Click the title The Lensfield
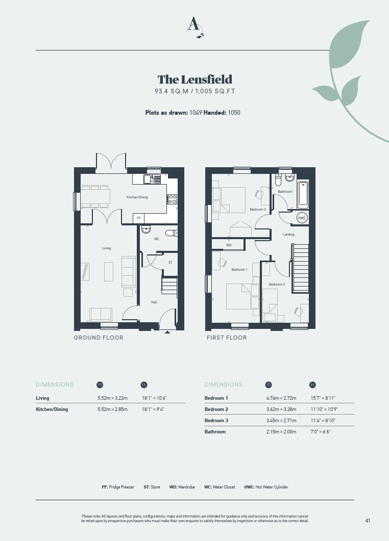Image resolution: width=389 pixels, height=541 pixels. pos(195,80)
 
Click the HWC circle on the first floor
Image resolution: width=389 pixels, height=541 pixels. pos(302,218)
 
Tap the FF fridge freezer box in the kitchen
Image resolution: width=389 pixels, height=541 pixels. pos(138,218)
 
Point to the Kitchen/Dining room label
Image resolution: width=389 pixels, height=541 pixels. pos(137,197)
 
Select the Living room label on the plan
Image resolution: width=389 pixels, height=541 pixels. pos(106,248)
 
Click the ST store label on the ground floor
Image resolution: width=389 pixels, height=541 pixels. pos(171,263)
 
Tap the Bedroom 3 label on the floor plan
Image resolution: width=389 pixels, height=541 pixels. pos(277,285)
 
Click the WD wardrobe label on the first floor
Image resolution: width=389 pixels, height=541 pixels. pos(229,245)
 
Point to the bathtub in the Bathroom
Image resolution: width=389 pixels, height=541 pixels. pos(303,194)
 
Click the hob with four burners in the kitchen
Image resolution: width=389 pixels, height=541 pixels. pos(172,199)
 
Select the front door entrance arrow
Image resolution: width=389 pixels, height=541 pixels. pos(167,332)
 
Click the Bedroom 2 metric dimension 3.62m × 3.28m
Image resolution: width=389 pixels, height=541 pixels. pos(281,409)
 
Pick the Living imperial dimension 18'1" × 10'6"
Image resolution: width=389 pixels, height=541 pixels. pos(154,398)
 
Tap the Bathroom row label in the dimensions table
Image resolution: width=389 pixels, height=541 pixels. pos(215,431)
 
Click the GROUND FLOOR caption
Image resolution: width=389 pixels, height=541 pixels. pos(99,338)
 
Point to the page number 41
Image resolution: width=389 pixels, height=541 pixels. pos(368,521)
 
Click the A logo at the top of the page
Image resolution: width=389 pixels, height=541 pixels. pos(195,27)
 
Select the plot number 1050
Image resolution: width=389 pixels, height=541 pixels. pos(234,113)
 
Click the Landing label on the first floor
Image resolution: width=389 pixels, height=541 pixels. pos(288,234)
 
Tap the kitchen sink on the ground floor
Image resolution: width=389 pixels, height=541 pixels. pos(149,179)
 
